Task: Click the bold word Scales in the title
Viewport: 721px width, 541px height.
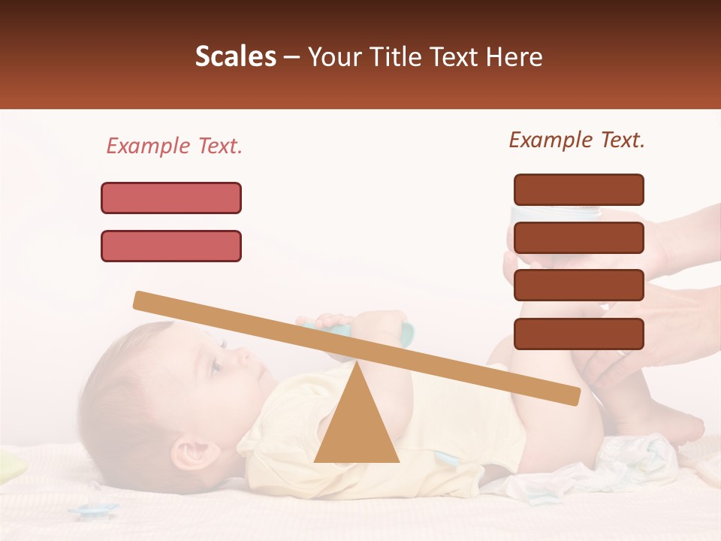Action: (235, 57)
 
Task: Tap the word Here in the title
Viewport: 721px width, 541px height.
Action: (512, 57)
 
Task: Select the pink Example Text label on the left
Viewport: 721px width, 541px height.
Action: (174, 146)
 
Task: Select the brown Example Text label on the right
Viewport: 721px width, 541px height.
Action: (577, 140)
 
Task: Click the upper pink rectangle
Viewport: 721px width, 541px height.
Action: (171, 198)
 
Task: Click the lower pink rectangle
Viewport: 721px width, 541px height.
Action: (171, 246)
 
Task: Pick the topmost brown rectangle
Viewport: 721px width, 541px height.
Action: (578, 189)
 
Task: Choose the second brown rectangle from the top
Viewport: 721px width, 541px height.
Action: (578, 237)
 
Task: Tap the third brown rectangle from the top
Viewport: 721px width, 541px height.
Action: (578, 285)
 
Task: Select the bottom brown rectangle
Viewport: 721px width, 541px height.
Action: (578, 334)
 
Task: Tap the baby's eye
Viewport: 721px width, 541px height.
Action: (216, 366)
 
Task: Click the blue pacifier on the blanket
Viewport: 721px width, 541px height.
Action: (94, 509)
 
